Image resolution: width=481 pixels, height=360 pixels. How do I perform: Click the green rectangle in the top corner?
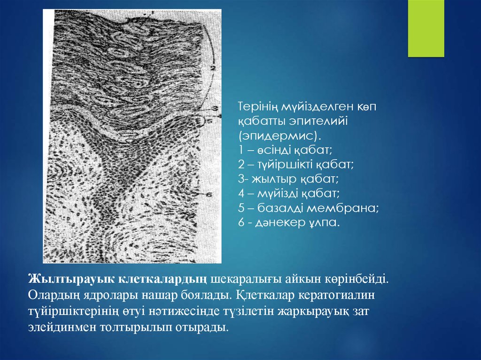click(x=426, y=29)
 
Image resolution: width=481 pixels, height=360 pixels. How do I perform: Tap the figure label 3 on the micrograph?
click(x=215, y=108)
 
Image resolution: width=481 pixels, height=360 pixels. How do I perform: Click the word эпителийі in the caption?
click(x=318, y=122)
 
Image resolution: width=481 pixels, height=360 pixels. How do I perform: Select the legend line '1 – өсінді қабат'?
click(x=285, y=150)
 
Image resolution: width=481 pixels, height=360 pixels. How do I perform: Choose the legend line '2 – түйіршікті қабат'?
click(x=296, y=165)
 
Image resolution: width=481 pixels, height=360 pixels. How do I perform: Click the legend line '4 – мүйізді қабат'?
click(x=289, y=193)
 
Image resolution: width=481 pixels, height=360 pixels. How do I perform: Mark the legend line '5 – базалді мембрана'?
click(x=309, y=208)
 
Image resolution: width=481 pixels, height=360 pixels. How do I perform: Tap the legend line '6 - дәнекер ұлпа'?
click(x=289, y=222)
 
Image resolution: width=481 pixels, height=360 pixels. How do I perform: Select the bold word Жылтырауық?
click(x=71, y=279)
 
